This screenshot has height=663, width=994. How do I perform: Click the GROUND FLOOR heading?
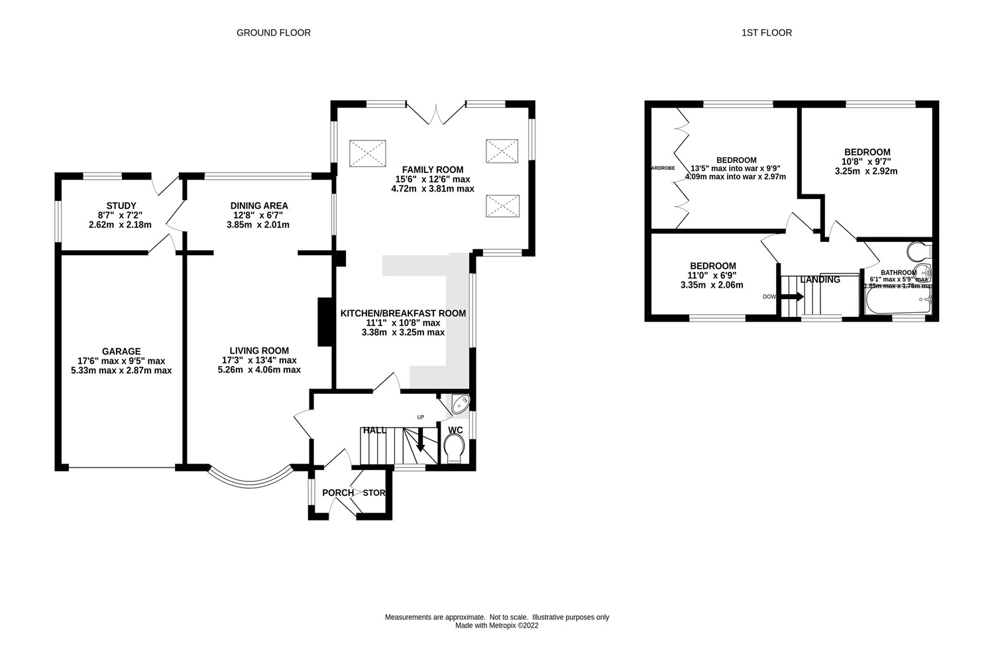[273, 32]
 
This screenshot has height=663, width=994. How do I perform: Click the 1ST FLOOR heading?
[767, 32]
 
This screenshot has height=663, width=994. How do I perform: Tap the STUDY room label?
[121, 206]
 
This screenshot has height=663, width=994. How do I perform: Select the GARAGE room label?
[121, 351]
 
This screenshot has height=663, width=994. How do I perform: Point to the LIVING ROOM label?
[259, 351]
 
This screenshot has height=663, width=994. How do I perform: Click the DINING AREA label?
[259, 206]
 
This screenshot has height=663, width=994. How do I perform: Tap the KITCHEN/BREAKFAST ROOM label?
[403, 314]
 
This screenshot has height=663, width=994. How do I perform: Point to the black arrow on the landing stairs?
[793, 296]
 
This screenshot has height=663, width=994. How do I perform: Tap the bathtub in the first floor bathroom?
[899, 302]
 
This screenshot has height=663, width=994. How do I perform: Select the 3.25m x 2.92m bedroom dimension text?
[867, 171]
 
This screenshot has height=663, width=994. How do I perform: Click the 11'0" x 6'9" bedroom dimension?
[712, 276]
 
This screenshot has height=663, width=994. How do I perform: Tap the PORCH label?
[337, 493]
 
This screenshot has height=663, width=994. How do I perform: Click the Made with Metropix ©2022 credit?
[497, 625]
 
